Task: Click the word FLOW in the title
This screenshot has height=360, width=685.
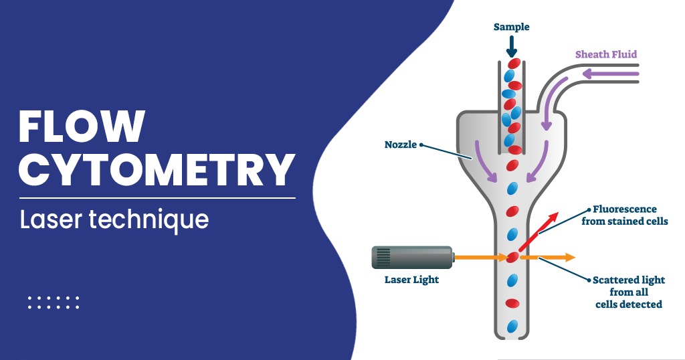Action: (x=82, y=126)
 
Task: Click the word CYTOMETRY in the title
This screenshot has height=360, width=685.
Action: (x=157, y=170)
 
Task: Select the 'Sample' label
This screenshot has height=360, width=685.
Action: (x=511, y=27)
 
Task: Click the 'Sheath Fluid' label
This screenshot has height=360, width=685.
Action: (x=606, y=54)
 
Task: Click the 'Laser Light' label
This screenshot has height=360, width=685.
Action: (x=411, y=279)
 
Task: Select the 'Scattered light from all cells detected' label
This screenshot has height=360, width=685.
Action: (x=629, y=292)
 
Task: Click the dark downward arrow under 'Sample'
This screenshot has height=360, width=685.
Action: (x=511, y=47)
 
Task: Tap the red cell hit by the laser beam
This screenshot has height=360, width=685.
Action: (x=512, y=257)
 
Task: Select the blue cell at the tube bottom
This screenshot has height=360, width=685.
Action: (x=512, y=326)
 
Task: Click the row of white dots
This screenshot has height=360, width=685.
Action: (x=54, y=302)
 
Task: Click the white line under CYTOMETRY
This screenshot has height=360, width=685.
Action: (x=157, y=198)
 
